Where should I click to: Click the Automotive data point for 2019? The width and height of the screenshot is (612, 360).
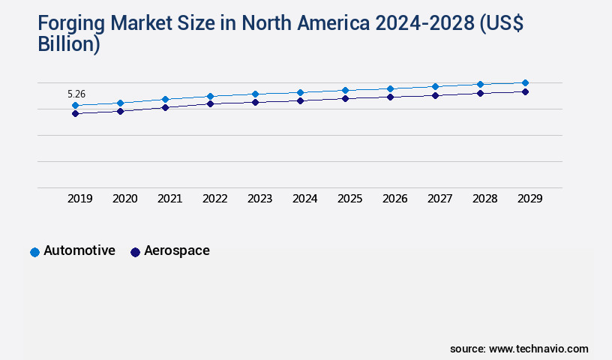pyautogui.click(x=75, y=106)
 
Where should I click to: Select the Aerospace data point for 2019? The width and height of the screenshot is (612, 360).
pyautogui.click(x=75, y=113)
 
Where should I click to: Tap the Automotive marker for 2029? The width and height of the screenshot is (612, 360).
pyautogui.click(x=525, y=82)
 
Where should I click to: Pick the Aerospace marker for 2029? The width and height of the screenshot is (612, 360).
pyautogui.click(x=525, y=91)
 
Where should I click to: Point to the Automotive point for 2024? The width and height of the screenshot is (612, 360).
pyautogui.click(x=300, y=92)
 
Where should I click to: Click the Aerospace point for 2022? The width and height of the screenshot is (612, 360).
pyautogui.click(x=210, y=103)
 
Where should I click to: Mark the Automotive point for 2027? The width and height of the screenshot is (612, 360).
pyautogui.click(x=435, y=86)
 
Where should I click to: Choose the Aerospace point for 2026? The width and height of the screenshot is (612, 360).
pyautogui.click(x=390, y=97)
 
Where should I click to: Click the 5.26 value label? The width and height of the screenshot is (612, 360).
pyautogui.click(x=76, y=94)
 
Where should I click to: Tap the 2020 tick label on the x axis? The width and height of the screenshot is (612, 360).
pyautogui.click(x=124, y=199)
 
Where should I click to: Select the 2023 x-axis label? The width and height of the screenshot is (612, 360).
pyautogui.click(x=259, y=199)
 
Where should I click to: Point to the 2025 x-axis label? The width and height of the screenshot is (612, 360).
pyautogui.click(x=349, y=199)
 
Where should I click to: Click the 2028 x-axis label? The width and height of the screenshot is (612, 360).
pyautogui.click(x=484, y=199)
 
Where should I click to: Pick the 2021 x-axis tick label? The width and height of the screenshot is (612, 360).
pyautogui.click(x=169, y=199)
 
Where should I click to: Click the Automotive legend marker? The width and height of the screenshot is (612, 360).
pyautogui.click(x=34, y=252)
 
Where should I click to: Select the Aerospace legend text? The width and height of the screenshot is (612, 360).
pyautogui.click(x=177, y=250)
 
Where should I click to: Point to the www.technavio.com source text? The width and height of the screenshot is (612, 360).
pyautogui.click(x=538, y=349)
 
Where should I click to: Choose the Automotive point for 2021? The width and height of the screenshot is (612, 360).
pyautogui.click(x=165, y=99)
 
